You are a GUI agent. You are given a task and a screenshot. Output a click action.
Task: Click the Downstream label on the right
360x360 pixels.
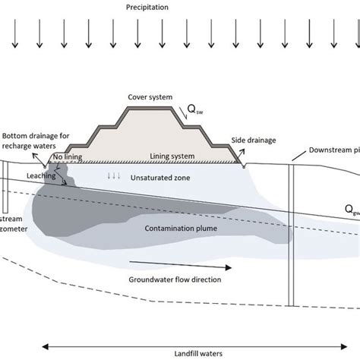[x=333, y=150]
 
